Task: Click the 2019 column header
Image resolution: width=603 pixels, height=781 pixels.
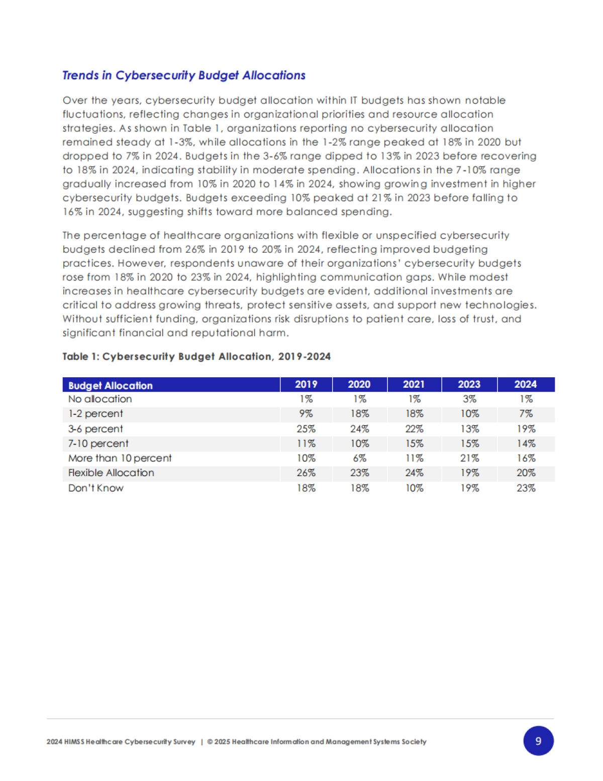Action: (306, 384)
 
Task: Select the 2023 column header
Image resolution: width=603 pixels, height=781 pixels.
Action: (469, 384)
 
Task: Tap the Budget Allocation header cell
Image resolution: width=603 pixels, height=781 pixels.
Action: (111, 385)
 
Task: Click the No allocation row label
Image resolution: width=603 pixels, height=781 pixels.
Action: (100, 399)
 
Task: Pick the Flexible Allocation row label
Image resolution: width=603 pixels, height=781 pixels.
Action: (111, 473)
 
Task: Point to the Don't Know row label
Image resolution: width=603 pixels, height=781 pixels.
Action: (96, 488)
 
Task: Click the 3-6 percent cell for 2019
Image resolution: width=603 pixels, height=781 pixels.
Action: (306, 429)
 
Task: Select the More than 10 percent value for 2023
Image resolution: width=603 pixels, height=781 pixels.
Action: (469, 458)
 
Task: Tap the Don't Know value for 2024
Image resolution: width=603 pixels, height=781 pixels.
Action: (526, 488)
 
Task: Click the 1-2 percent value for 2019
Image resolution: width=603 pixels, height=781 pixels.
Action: (306, 414)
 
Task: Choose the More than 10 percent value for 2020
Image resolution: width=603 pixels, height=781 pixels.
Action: (360, 458)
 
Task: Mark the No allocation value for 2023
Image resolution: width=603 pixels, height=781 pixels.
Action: (469, 399)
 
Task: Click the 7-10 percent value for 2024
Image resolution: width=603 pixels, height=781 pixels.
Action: (526, 443)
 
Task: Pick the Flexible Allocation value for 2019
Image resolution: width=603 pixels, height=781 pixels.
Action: (306, 473)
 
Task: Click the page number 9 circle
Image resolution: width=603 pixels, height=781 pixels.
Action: (538, 741)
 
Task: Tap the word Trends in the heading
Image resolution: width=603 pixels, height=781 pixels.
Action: (80, 75)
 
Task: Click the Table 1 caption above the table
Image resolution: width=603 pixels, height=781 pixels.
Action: (196, 357)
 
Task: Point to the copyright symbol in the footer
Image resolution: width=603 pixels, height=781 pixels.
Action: (210, 742)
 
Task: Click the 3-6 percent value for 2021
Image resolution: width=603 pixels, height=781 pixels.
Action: (414, 429)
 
